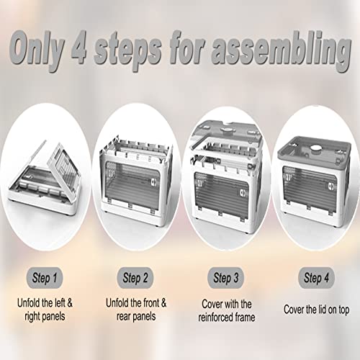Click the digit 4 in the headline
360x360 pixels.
click(x=78, y=48)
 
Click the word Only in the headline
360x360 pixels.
click(x=37, y=50)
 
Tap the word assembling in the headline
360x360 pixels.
click(x=280, y=52)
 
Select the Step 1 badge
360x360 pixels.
click(x=45, y=278)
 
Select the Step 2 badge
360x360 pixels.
click(x=135, y=278)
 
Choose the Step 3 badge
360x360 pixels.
click(x=225, y=278)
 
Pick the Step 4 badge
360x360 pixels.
click(x=316, y=278)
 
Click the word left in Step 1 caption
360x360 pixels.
click(x=60, y=303)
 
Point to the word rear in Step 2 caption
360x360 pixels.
click(x=124, y=317)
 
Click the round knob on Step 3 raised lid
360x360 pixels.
click(x=226, y=130)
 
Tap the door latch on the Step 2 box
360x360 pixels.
click(x=153, y=182)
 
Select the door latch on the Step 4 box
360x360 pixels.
click(x=331, y=186)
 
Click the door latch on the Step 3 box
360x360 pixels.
click(x=243, y=193)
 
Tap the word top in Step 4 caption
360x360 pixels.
click(x=343, y=310)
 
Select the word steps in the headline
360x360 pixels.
click(x=128, y=53)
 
